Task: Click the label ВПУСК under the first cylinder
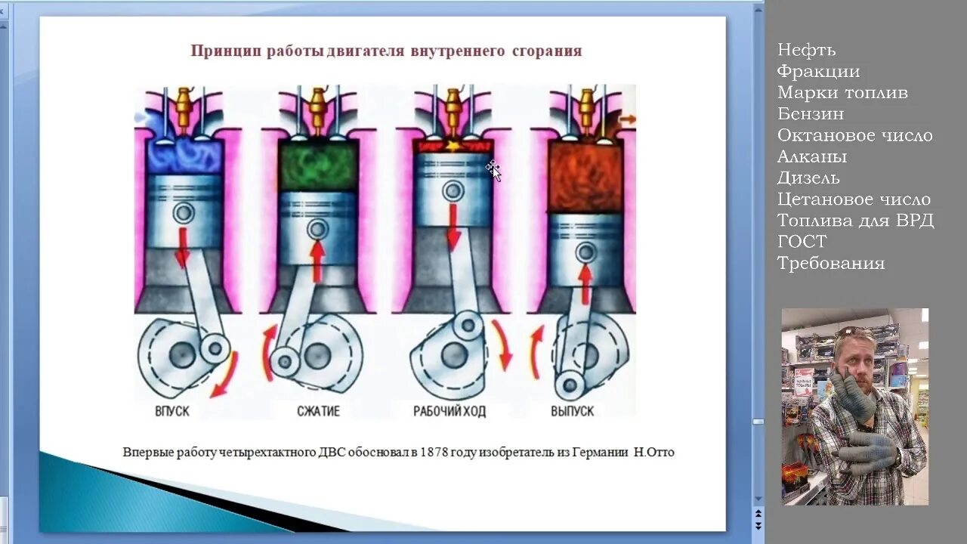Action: click(171, 412)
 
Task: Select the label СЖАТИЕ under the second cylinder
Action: click(317, 412)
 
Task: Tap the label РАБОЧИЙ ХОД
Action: click(450, 412)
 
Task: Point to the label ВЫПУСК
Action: click(572, 412)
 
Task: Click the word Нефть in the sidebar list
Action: click(806, 50)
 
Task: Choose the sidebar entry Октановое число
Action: click(854, 135)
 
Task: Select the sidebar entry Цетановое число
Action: click(854, 199)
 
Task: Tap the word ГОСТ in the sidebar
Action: click(802, 242)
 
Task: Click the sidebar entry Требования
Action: click(830, 263)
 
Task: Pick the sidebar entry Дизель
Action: click(808, 178)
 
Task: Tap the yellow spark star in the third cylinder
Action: click(453, 144)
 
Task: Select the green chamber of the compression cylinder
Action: click(318, 166)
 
